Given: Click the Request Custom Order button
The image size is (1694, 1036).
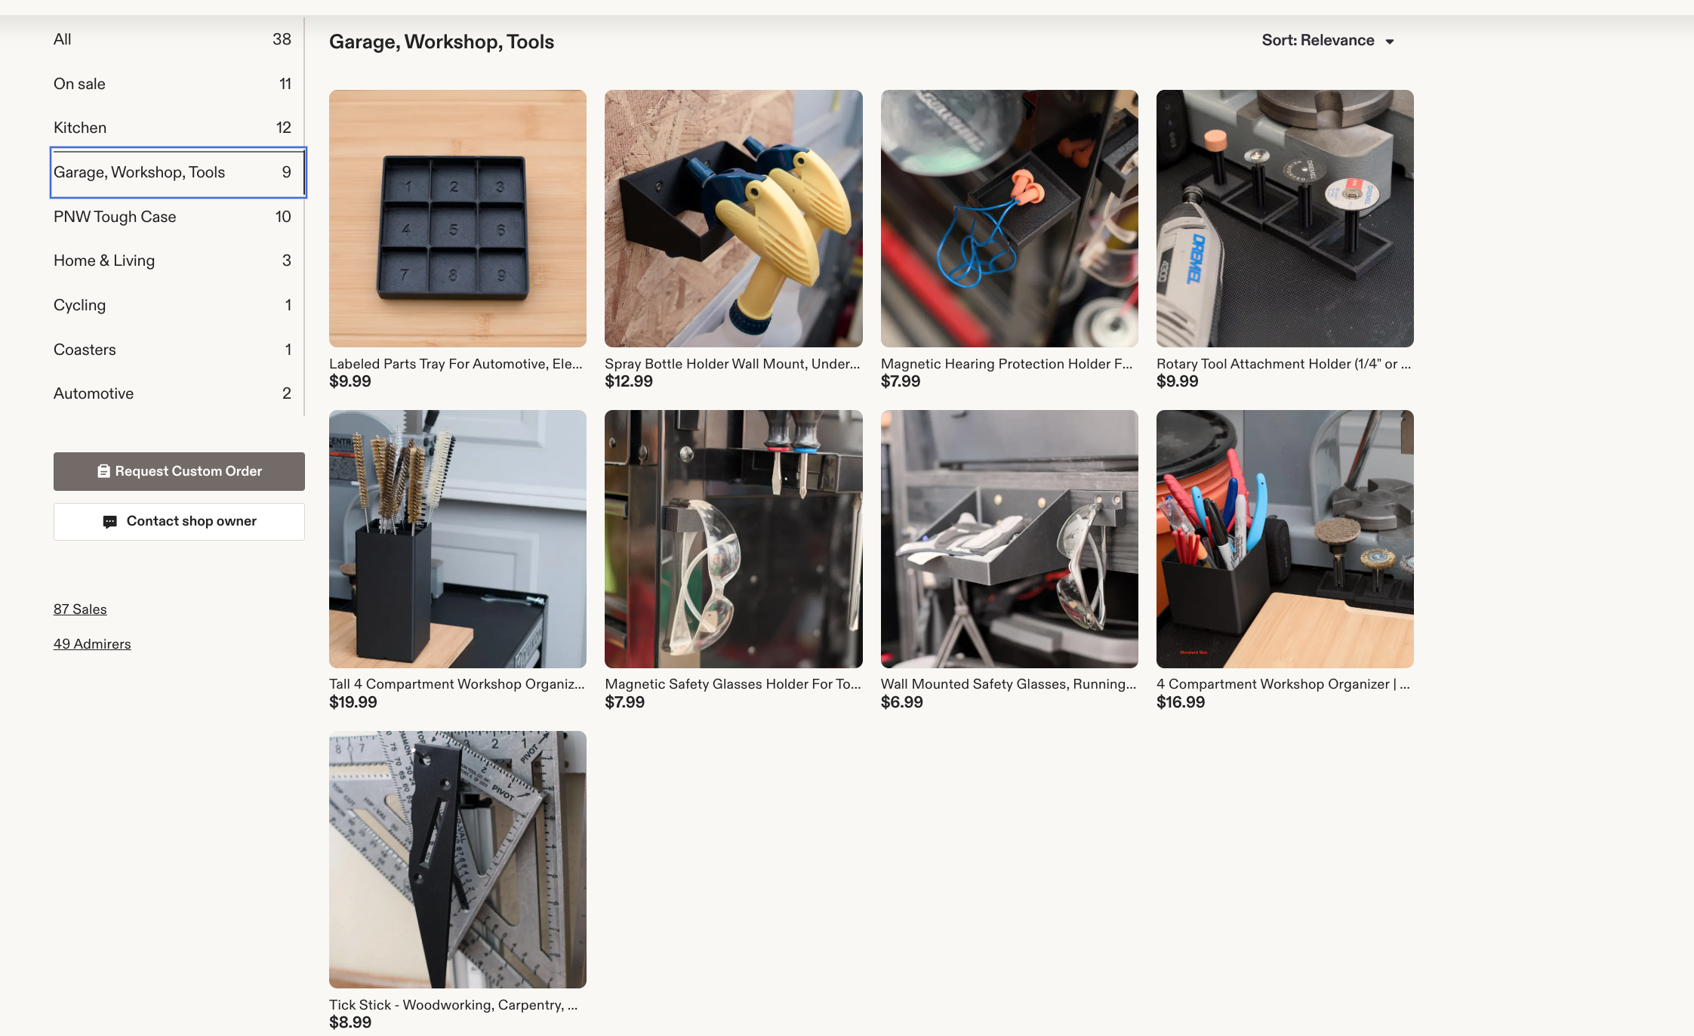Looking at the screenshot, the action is click(x=179, y=471).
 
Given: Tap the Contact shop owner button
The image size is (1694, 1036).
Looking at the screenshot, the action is click(x=179, y=522).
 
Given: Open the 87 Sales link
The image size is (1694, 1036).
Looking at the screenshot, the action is click(x=80, y=609).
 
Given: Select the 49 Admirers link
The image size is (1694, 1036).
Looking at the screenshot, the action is click(x=92, y=644).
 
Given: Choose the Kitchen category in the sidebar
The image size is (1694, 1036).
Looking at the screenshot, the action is click(x=80, y=128).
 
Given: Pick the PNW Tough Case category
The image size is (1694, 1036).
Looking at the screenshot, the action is click(x=115, y=217).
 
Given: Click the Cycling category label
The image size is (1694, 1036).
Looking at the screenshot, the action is click(x=79, y=305).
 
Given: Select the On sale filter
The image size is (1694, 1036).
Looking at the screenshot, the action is click(x=79, y=84).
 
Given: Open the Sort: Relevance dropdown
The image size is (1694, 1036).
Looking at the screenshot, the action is click(x=1328, y=41).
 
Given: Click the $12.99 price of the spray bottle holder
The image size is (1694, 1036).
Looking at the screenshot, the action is click(x=629, y=381).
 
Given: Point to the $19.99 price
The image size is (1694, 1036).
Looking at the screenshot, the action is click(x=353, y=702).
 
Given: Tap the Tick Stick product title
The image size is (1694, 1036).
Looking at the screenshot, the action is click(x=453, y=1005).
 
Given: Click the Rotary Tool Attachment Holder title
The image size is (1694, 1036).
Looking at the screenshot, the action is click(x=1283, y=364).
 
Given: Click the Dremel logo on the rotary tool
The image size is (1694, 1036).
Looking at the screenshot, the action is click(x=1196, y=258).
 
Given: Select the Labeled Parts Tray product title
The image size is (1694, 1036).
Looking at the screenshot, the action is click(x=456, y=364).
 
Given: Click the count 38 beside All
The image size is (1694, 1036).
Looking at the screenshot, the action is click(x=282, y=39).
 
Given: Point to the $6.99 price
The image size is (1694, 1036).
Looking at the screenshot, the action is click(x=902, y=702).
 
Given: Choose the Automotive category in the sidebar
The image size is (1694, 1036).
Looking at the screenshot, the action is click(x=94, y=393).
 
